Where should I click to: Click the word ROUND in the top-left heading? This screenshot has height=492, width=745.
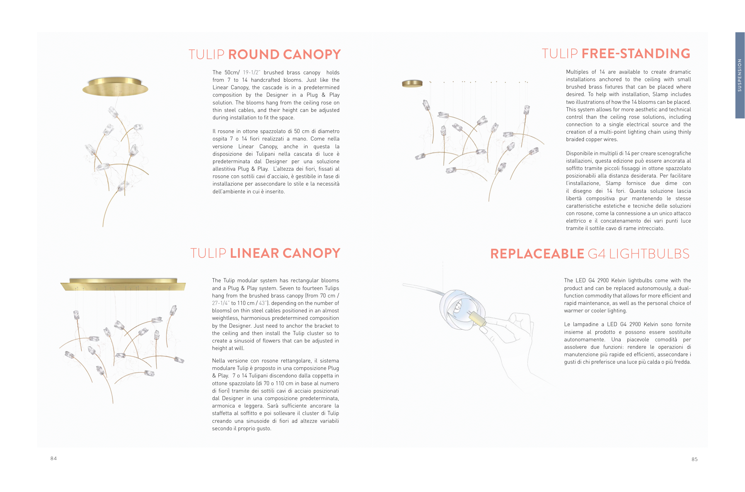[x=254, y=55]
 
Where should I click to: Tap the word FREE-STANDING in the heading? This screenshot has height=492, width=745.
[x=636, y=54]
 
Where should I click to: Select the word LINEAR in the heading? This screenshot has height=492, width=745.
[x=254, y=253]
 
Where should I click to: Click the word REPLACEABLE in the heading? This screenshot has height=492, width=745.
[x=537, y=254]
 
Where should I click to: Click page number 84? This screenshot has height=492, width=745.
[x=54, y=458]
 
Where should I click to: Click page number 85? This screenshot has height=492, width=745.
[x=694, y=459]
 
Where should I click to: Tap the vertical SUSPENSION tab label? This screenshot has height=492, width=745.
[x=739, y=75]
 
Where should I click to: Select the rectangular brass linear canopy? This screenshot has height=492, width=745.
[x=123, y=284]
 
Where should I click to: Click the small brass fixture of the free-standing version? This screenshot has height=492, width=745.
[x=412, y=84]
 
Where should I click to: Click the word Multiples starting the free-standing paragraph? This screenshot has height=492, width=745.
[x=576, y=72]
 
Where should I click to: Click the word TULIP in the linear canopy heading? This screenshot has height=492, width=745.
[x=208, y=253]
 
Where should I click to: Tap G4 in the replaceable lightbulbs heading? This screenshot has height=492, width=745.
[x=596, y=254]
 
